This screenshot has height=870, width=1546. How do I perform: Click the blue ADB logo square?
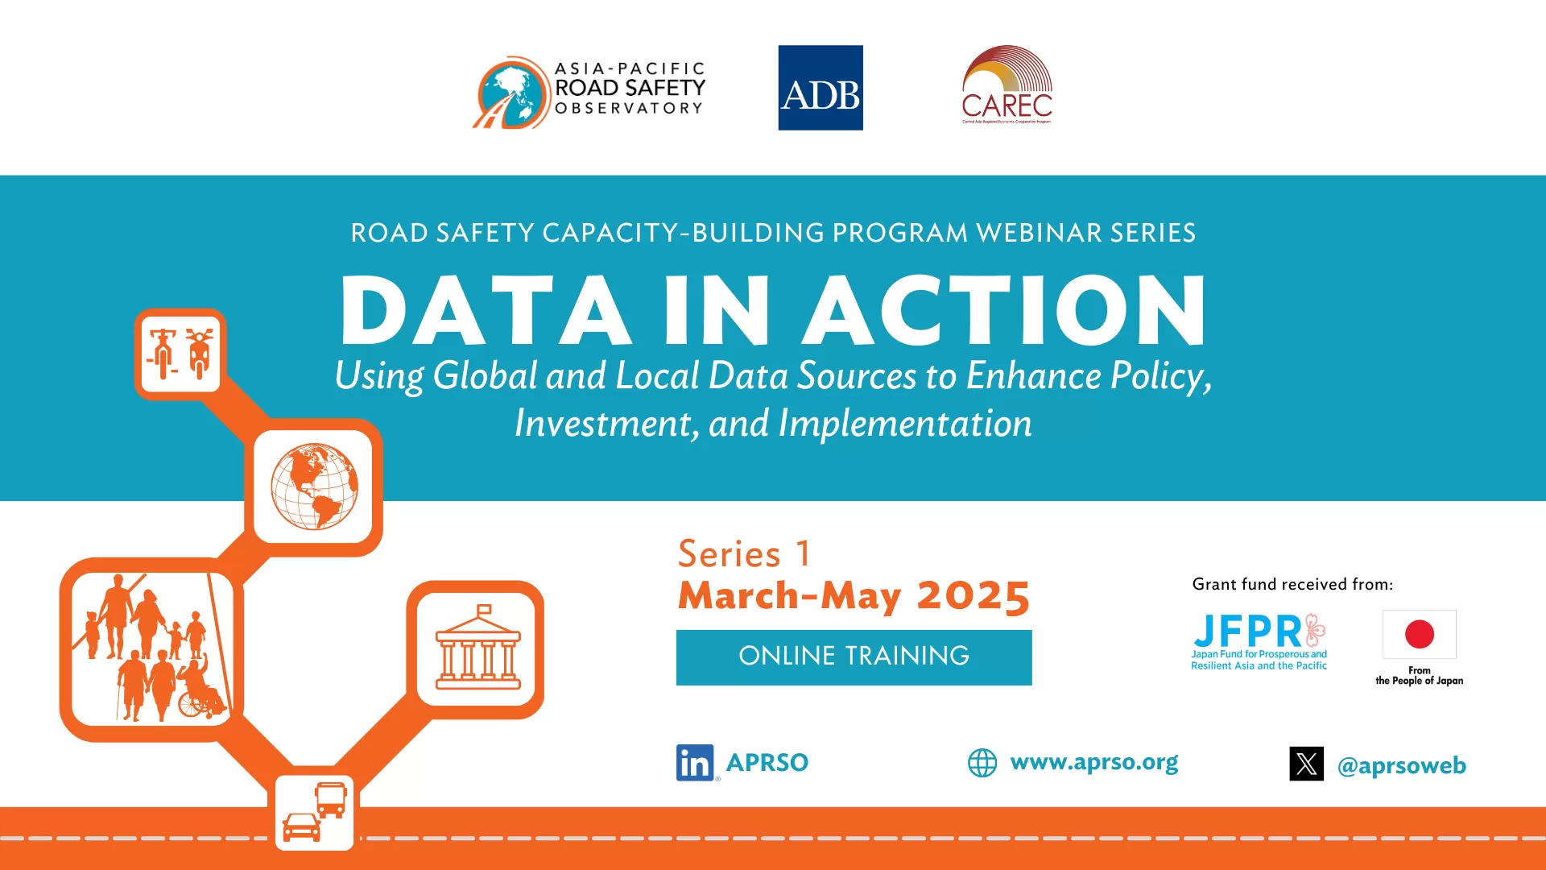click(820, 88)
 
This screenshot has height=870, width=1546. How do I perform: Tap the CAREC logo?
click(1007, 85)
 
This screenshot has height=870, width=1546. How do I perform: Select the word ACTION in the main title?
click(1005, 311)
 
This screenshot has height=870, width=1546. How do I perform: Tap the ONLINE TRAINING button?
click(854, 657)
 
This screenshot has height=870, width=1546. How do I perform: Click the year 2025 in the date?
click(973, 596)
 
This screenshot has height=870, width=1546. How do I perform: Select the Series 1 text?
click(744, 554)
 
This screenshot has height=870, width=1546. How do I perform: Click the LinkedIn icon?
click(695, 762)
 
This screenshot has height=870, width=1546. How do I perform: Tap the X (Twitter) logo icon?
click(1306, 764)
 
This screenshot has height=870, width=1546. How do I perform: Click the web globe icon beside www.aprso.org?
click(982, 762)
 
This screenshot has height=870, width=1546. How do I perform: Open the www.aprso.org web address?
click(1093, 762)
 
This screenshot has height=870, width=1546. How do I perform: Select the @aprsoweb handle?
click(1401, 765)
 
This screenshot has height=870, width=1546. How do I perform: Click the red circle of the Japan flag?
click(1419, 634)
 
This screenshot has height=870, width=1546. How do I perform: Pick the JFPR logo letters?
click(1248, 631)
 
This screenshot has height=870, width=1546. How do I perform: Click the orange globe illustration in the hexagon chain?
click(314, 487)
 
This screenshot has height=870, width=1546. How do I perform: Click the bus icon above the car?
click(330, 799)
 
